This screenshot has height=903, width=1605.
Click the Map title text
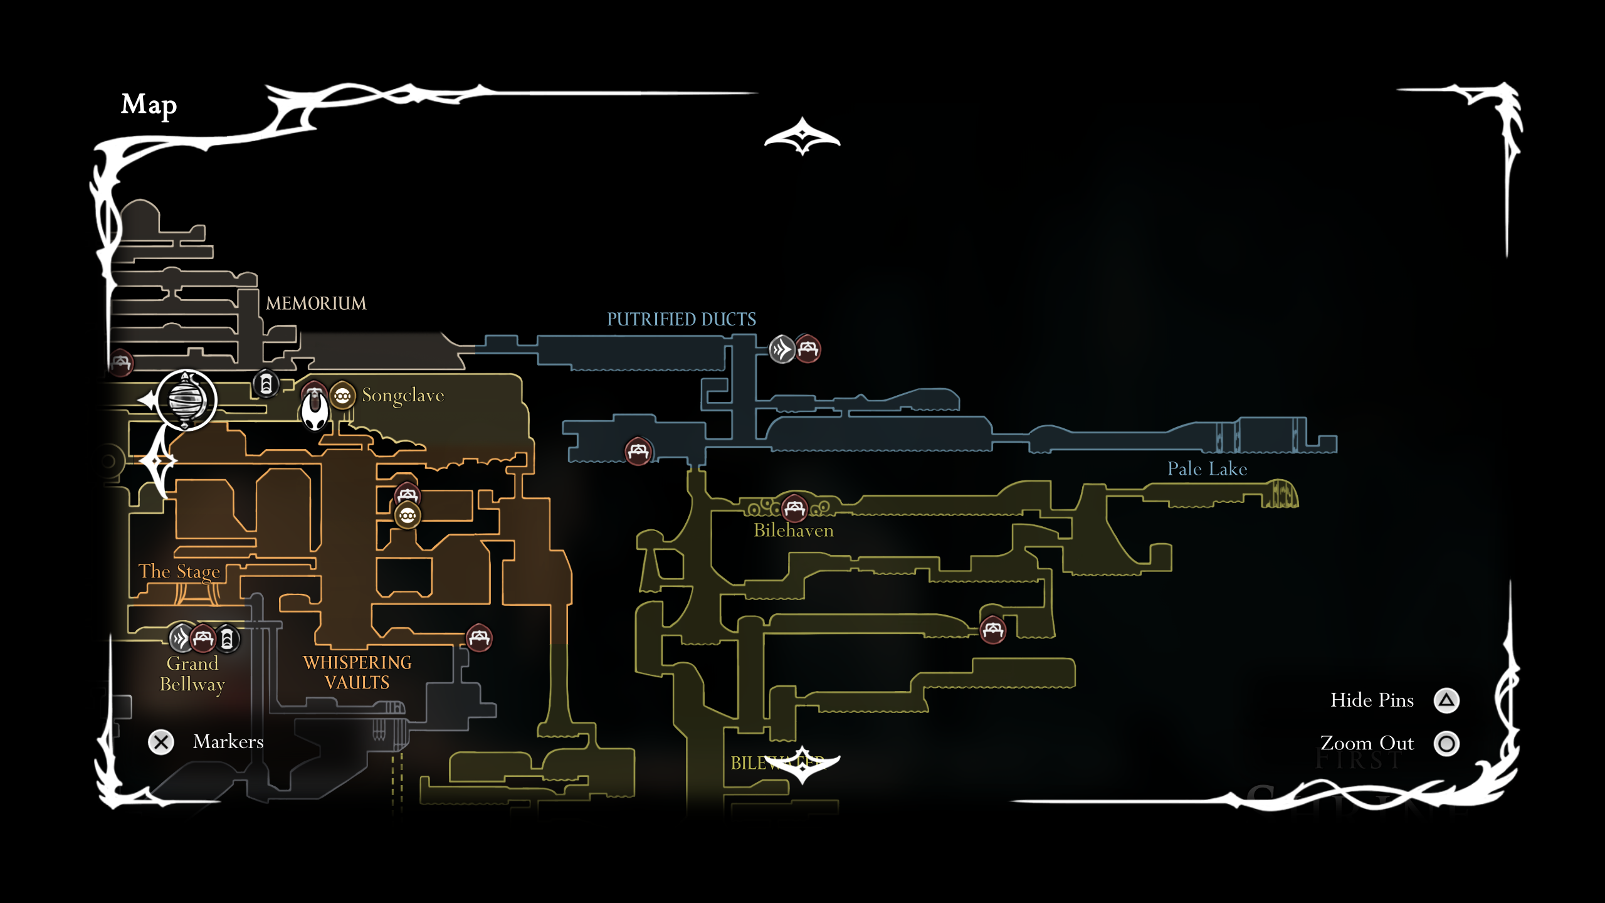tap(149, 105)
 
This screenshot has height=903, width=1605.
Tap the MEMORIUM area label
tap(316, 304)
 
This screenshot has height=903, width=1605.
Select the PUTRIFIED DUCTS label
tap(681, 320)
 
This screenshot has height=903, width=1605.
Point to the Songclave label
tap(403, 396)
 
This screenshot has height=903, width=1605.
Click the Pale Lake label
tap(1207, 469)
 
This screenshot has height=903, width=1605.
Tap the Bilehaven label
tap(793, 531)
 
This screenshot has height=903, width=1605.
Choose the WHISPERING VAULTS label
tap(357, 673)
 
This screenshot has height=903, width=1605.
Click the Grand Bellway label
tap(192, 674)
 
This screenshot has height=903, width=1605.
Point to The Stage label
tap(179, 572)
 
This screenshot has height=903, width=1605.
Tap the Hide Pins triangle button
tap(1446, 700)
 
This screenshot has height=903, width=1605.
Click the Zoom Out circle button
tap(1446, 744)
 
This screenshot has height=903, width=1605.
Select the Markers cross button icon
tap(161, 742)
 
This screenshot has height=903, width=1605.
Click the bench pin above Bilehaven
tap(794, 508)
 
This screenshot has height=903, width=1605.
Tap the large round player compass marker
tap(186, 400)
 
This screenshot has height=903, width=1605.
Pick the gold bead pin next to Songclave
tap(342, 396)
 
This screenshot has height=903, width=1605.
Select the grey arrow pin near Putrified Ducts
tap(782, 349)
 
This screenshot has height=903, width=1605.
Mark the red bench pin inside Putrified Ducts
tap(638, 451)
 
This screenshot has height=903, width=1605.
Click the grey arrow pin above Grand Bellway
tap(181, 639)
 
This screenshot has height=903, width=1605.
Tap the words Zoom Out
tap(1367, 744)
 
